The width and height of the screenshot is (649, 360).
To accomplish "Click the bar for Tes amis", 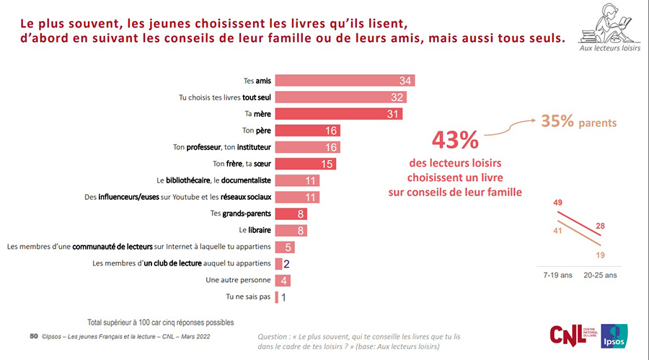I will coord(345,80).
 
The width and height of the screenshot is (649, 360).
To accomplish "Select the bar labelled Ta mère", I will coord(339,114).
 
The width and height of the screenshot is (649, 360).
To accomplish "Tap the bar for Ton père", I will coord(307,131).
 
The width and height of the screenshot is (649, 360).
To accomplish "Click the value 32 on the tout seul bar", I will coord(397,97).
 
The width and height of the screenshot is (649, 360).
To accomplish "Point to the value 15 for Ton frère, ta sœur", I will coord(327,164).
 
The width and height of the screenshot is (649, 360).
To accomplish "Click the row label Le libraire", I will coord(254,231).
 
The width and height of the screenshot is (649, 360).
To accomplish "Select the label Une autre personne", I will coord(239,280).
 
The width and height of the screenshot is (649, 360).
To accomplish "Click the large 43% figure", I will coord(454,139).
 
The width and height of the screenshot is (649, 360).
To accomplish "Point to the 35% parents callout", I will coord(574,122).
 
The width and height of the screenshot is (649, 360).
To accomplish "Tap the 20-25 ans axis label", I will coord(600,275).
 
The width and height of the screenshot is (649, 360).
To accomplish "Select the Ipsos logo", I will coord(614,335).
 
